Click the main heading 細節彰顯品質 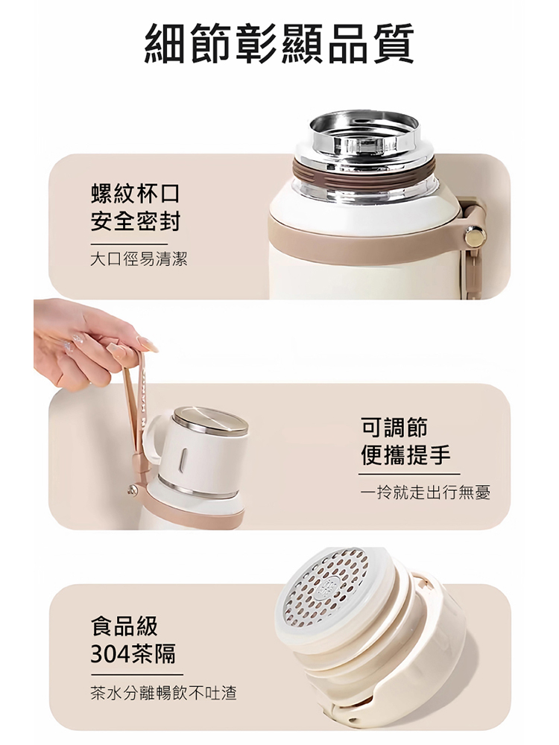[x=279, y=44]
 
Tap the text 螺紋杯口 [x=135, y=195]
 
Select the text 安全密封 [x=135, y=222]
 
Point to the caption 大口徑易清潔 [x=139, y=260]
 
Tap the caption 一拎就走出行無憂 [x=424, y=492]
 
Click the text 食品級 [x=124, y=625]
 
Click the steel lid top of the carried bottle [x=210, y=421]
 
